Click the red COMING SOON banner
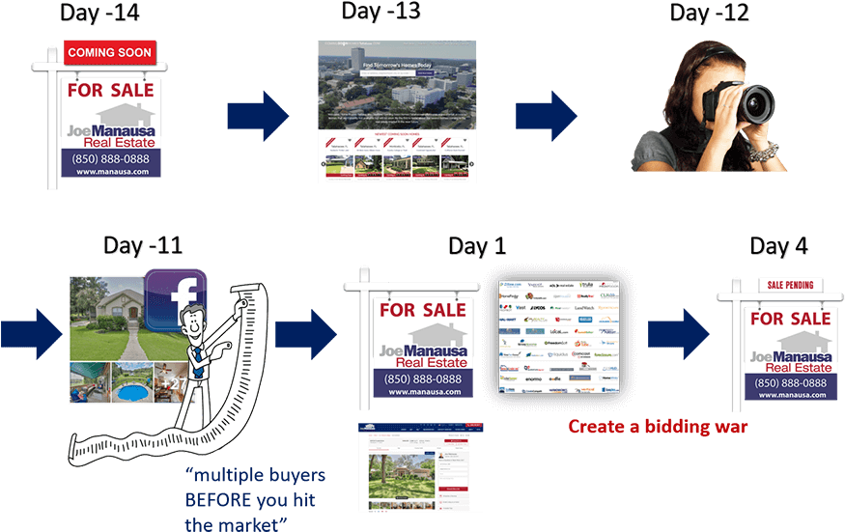point(108,52)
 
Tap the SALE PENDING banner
point(788,285)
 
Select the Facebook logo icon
point(177,298)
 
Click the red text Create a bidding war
point(658,426)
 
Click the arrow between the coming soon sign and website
point(257,116)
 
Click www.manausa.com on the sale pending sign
point(789,394)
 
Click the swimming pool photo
point(131,384)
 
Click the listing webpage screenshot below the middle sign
point(420,467)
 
